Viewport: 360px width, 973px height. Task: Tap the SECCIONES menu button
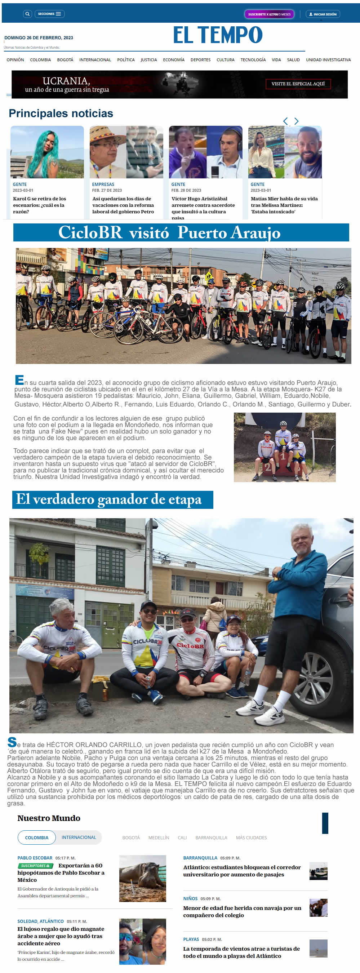49,14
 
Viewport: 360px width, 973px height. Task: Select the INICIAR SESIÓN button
323,14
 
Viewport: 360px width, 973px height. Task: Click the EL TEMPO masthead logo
218,35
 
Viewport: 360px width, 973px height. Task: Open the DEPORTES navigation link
200,60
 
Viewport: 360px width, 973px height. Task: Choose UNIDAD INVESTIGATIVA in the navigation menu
328,60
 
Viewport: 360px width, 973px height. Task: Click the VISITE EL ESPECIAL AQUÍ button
298,84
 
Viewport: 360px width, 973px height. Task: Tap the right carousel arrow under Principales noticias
297,121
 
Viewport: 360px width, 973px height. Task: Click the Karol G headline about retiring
39,205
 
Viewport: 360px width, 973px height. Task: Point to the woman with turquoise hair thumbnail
47,152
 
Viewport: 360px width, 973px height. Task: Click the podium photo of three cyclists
284,447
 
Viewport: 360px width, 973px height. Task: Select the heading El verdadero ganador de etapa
109,499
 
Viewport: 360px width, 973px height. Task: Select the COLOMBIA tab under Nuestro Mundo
37,838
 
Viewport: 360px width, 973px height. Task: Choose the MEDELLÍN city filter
159,838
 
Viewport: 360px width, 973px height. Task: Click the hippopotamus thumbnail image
142,878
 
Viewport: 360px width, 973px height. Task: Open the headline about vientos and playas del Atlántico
242,952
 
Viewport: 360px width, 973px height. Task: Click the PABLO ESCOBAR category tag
35,858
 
